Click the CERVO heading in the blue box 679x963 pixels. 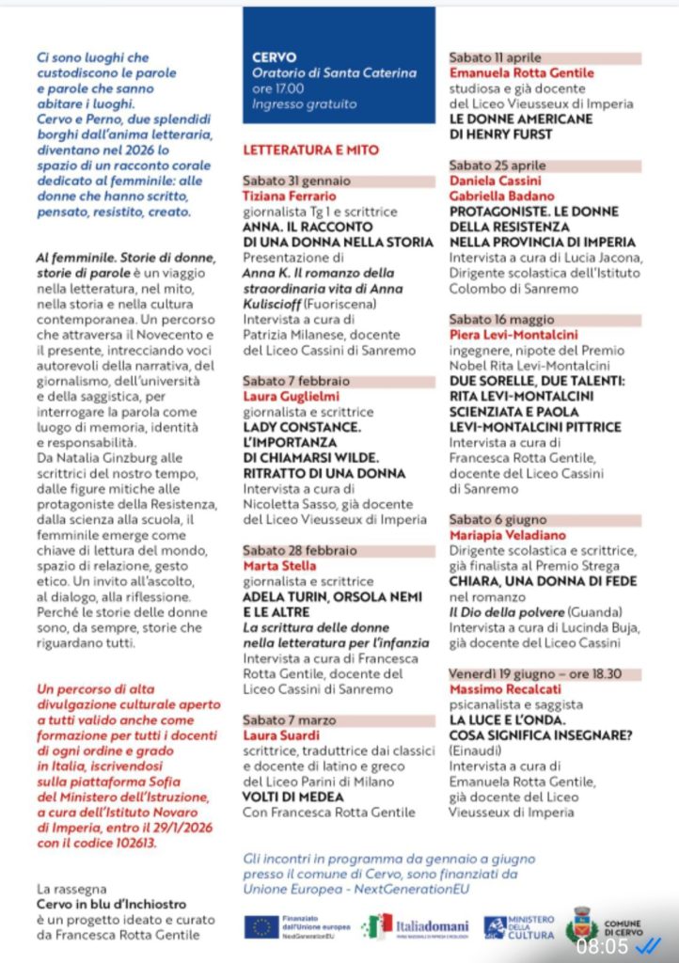point(275,57)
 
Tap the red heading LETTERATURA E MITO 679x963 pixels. point(310,150)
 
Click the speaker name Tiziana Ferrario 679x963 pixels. point(289,196)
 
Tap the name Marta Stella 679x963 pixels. point(279,566)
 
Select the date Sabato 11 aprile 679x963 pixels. point(495,58)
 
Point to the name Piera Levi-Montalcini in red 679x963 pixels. point(513,335)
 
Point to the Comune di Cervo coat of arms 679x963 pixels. point(581,924)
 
